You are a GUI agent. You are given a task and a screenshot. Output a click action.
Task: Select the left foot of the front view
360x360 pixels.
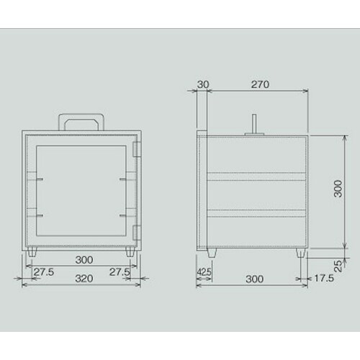click(36, 252)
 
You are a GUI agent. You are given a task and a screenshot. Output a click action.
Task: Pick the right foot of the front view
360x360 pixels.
click(130, 252)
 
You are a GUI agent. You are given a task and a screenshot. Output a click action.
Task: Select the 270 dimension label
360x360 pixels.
click(260, 84)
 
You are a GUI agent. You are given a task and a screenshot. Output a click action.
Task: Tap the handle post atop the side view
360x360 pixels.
click(253, 123)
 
